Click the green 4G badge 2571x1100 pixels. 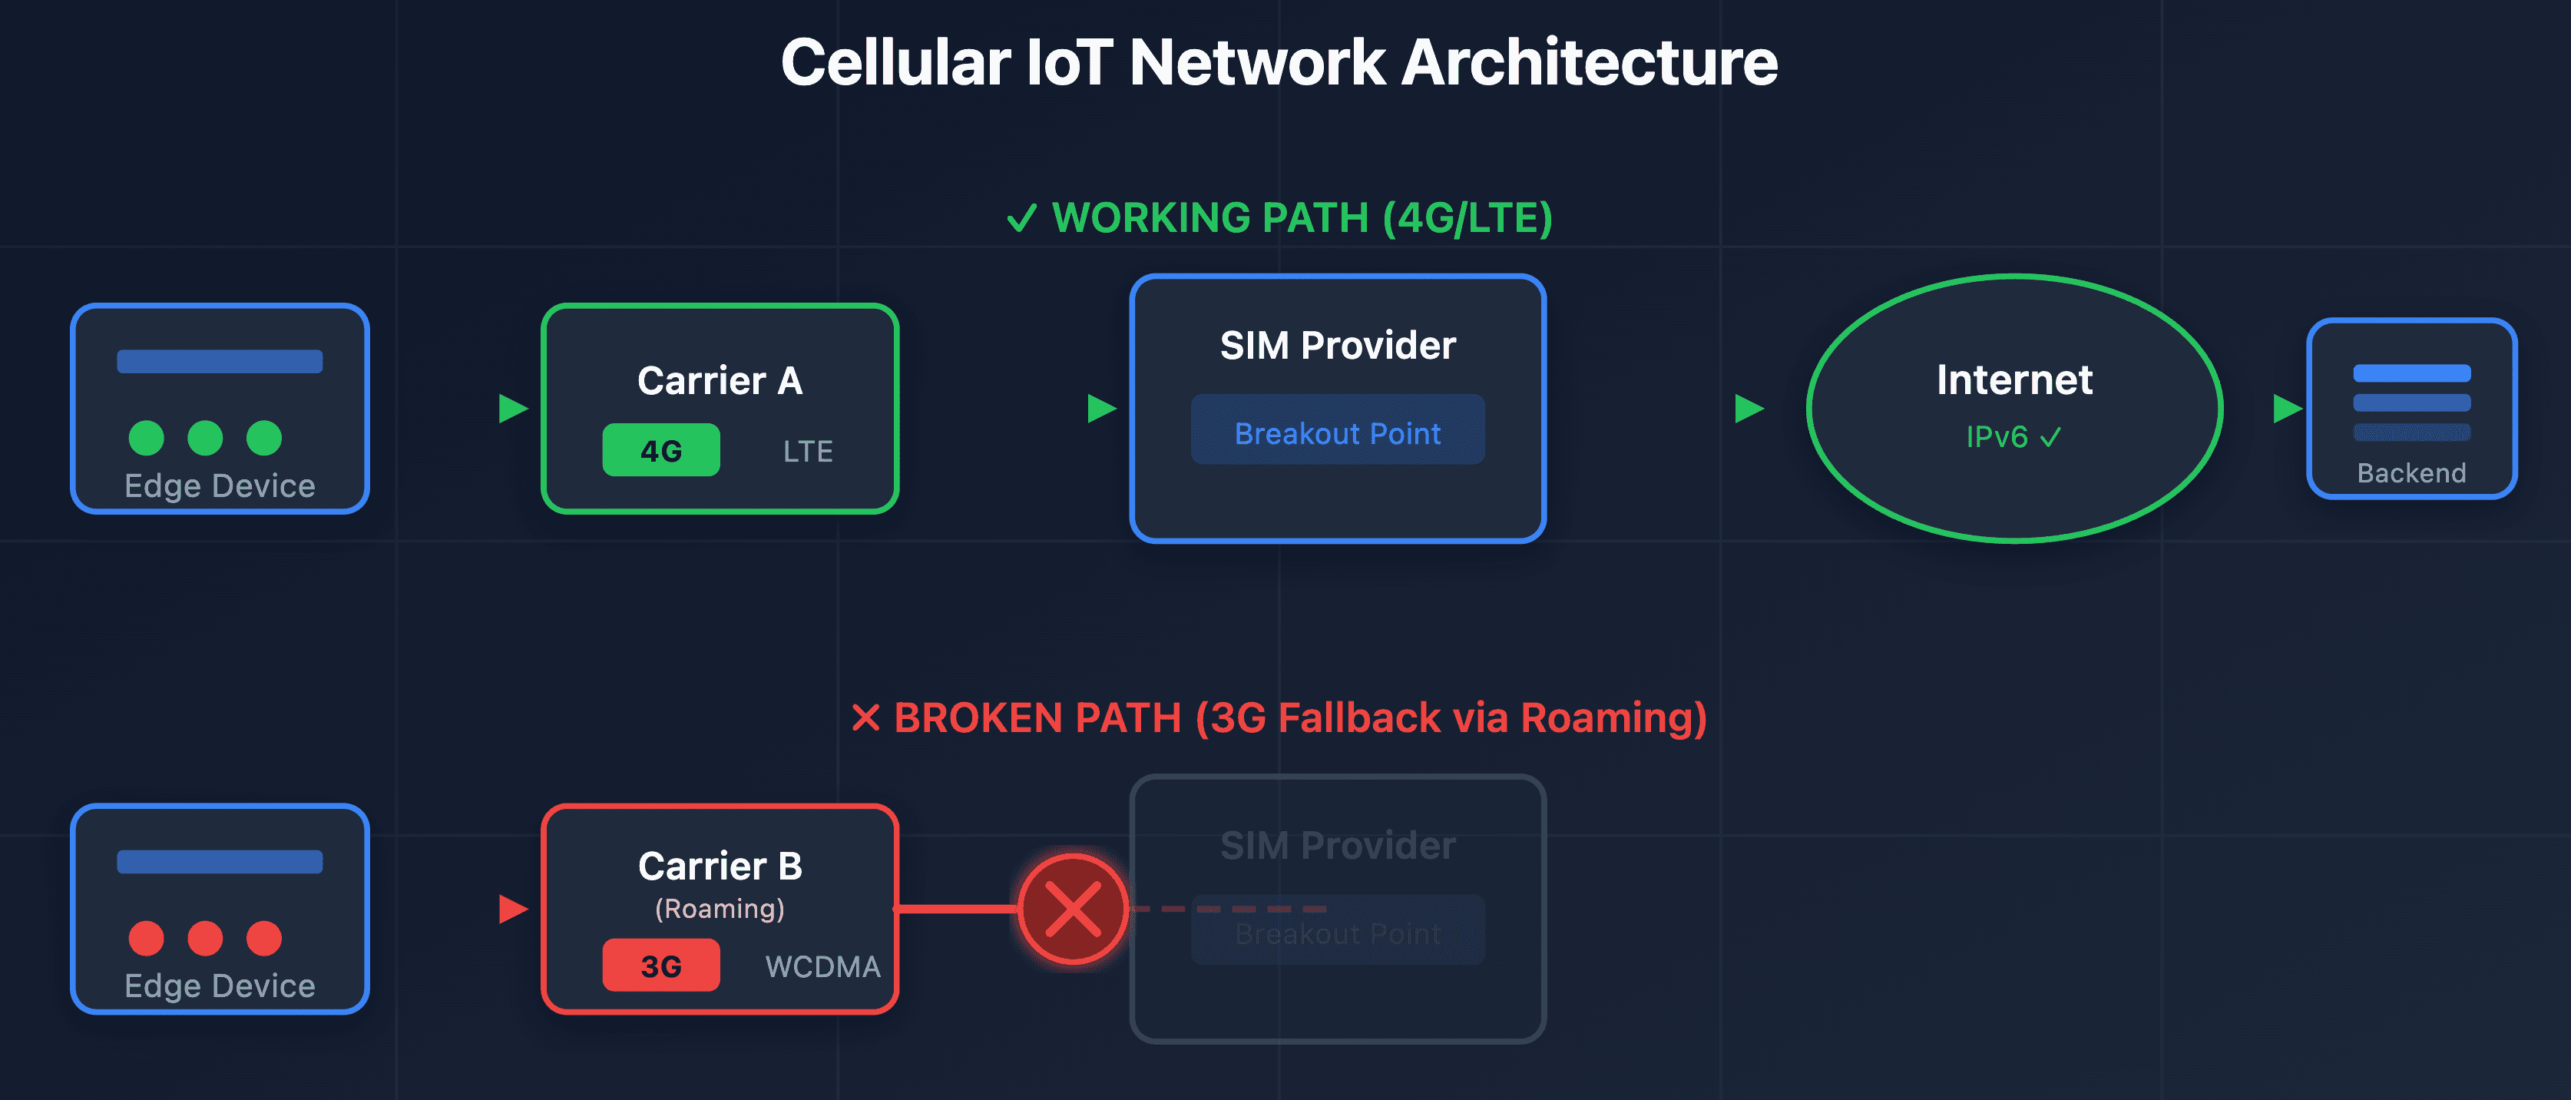pos(660,450)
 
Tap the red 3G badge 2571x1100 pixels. pos(660,966)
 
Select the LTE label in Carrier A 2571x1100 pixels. pos(807,451)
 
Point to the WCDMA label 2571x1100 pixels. pos(822,966)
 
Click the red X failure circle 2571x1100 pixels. pos(1073,909)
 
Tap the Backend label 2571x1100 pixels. pos(2411,473)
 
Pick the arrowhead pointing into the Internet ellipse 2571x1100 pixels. pos(1749,408)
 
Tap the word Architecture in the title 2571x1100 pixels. pos(1590,63)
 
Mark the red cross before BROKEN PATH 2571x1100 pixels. pos(865,717)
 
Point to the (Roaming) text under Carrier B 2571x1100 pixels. pos(720,909)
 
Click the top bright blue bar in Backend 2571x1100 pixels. pos(2411,373)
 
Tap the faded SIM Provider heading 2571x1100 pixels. pos(1338,846)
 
